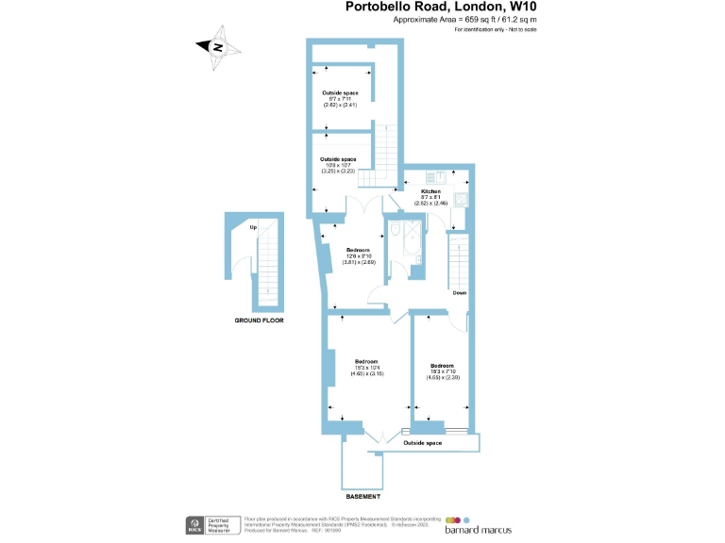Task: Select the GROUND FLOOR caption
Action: [260, 321]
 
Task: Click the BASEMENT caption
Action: [363, 496]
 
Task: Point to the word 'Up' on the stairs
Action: [253, 227]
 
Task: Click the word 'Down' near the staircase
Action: [459, 293]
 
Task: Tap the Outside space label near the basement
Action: [422, 442]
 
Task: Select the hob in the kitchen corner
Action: [460, 199]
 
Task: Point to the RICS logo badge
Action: [196, 523]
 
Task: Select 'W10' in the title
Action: [529, 8]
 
